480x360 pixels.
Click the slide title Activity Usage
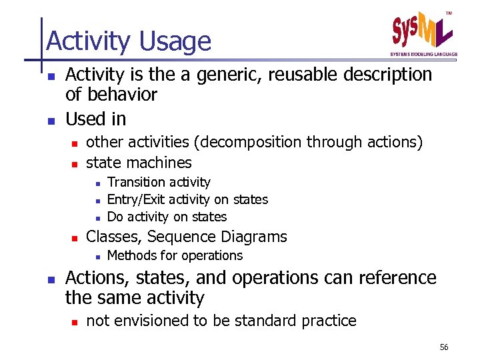[x=129, y=41]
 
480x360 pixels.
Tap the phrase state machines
[x=139, y=163]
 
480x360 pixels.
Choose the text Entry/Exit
[x=136, y=199]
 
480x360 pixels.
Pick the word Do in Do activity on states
[x=115, y=217]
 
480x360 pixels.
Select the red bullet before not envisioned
[x=75, y=321]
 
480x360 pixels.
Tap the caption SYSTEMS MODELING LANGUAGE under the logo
[x=424, y=54]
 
